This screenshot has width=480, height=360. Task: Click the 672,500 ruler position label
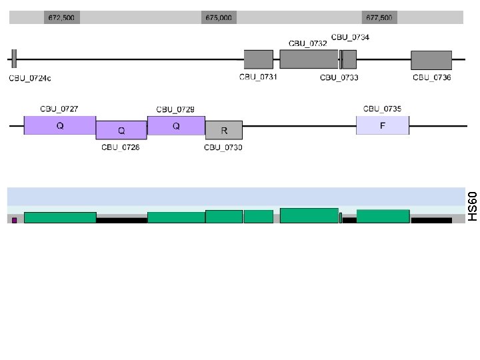click(x=61, y=18)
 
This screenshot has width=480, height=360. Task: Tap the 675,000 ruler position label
click(x=219, y=18)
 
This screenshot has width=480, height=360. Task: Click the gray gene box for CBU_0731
click(x=258, y=59)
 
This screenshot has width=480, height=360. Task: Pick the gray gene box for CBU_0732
click(x=309, y=59)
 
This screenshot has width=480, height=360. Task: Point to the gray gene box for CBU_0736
click(x=431, y=60)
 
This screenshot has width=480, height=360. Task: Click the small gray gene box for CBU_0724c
click(x=14, y=59)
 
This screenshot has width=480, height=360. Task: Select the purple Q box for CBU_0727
click(x=60, y=125)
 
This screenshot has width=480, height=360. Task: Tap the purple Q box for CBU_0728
click(x=121, y=130)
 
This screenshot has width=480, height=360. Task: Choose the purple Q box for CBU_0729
click(x=176, y=125)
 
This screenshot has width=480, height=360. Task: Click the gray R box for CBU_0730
click(x=224, y=130)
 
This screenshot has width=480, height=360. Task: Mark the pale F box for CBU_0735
click(x=383, y=125)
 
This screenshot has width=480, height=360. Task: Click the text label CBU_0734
click(x=350, y=37)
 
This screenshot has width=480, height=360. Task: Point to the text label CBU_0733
click(x=339, y=78)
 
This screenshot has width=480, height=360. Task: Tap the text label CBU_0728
click(x=121, y=147)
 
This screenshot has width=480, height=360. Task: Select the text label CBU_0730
click(x=223, y=147)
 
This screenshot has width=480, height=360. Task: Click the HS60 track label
click(x=472, y=206)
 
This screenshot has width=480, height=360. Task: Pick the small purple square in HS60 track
click(x=14, y=220)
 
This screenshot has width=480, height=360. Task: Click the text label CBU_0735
click(x=383, y=108)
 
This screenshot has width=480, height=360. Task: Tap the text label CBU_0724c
click(x=30, y=79)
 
